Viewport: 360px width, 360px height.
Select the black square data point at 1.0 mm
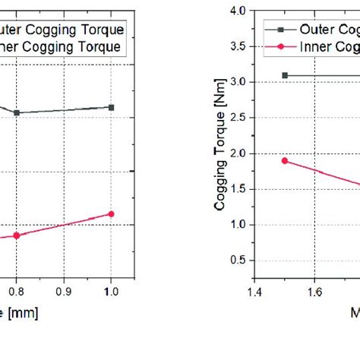(112, 107)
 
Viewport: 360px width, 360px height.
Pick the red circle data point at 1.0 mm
(112, 213)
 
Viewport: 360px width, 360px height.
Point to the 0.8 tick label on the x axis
(16, 290)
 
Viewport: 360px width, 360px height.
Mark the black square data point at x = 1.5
(285, 75)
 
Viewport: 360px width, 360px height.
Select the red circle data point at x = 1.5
(285, 160)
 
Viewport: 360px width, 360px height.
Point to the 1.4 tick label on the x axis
(254, 290)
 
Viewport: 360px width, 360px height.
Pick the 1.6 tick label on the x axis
(314, 290)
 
